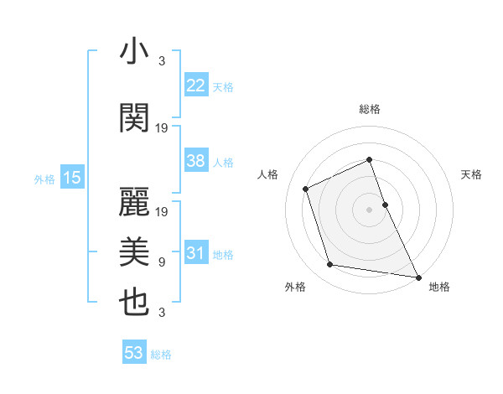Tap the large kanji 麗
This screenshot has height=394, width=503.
[134, 200]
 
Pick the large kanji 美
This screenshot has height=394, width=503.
[134, 251]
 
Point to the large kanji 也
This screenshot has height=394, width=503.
[134, 303]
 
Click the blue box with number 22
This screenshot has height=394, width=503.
[195, 86]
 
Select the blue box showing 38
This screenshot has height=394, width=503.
[195, 161]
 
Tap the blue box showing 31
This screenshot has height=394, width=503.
[195, 254]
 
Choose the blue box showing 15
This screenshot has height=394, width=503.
[71, 178]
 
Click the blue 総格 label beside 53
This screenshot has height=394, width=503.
[161, 355]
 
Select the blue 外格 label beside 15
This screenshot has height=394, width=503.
[44, 179]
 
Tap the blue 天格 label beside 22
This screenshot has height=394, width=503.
[222, 87]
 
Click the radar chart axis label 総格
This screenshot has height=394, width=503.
[369, 109]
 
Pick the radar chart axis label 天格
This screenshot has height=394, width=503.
[471, 174]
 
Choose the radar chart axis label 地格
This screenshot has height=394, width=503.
[439, 288]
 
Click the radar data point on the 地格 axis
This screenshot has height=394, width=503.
[418, 276]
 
